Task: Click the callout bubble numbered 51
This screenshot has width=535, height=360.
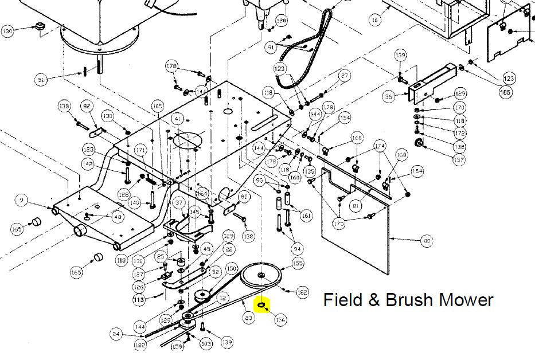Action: (41, 80)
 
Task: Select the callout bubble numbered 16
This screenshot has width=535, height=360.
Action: (375, 20)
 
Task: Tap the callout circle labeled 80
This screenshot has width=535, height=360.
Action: (426, 241)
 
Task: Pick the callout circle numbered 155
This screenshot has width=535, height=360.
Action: (298, 264)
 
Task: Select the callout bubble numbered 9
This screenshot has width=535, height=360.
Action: (21, 200)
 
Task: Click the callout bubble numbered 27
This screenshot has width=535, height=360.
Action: (344, 76)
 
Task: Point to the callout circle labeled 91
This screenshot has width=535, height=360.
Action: (271, 48)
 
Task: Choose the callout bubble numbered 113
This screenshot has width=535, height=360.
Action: (139, 300)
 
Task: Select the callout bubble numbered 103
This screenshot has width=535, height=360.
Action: (206, 343)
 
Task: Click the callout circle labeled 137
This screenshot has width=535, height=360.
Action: (459, 160)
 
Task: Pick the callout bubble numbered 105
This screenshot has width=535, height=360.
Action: (158, 106)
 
